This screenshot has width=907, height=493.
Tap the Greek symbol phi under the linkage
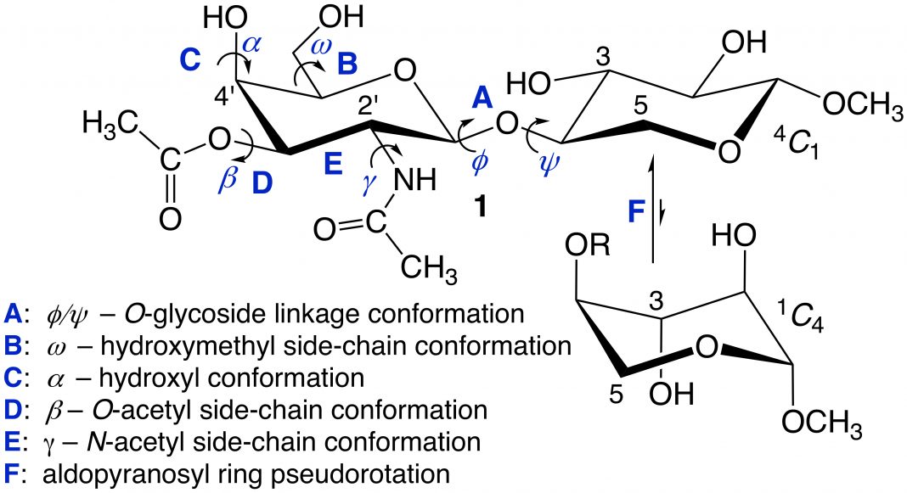pos(480,162)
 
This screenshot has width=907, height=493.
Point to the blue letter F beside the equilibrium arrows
pos(636,211)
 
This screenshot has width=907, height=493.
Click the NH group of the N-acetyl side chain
pos(414,181)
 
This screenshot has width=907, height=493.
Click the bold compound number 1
pos(480,205)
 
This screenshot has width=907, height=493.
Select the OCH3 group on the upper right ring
pos(863,106)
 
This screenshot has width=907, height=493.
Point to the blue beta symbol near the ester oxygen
pos(228,177)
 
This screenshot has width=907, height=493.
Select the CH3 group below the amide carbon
pos(429,268)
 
